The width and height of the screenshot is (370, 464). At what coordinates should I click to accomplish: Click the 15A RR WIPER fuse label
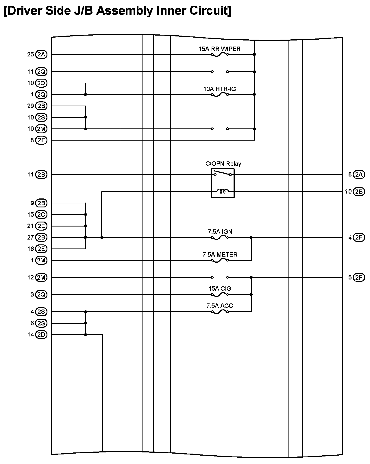point(219,49)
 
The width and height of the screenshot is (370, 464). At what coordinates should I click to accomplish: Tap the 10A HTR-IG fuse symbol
point(220,95)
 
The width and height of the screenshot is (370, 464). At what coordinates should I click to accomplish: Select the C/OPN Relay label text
point(223,164)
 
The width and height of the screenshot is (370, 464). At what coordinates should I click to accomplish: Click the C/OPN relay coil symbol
point(223,192)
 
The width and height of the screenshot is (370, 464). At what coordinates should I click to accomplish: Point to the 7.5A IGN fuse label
point(220,232)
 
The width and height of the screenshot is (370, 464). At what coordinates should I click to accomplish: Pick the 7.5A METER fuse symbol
point(220,260)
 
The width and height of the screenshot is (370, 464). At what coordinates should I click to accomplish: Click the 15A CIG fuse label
point(220,289)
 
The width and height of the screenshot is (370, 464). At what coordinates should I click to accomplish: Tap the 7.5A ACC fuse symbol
point(220,312)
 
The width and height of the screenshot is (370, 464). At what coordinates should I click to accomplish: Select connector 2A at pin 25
point(41,54)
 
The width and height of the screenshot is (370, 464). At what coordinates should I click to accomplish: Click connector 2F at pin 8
point(41,140)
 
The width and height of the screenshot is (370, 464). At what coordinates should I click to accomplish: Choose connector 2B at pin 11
point(41,174)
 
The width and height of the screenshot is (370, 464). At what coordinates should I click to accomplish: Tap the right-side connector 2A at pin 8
point(359,174)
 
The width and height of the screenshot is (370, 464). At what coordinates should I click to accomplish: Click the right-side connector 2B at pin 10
point(359,192)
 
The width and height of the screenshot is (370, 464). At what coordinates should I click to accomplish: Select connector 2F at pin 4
point(359,237)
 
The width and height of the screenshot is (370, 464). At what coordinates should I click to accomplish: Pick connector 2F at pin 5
point(359,277)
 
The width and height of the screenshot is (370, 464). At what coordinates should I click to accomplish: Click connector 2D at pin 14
point(41,335)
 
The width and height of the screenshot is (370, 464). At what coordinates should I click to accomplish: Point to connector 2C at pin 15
point(41,215)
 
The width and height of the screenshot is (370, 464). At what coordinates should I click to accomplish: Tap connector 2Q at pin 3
point(41,294)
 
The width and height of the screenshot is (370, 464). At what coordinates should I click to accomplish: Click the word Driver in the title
point(26,11)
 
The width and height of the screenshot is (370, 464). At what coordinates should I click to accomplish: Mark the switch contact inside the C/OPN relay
point(223,173)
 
